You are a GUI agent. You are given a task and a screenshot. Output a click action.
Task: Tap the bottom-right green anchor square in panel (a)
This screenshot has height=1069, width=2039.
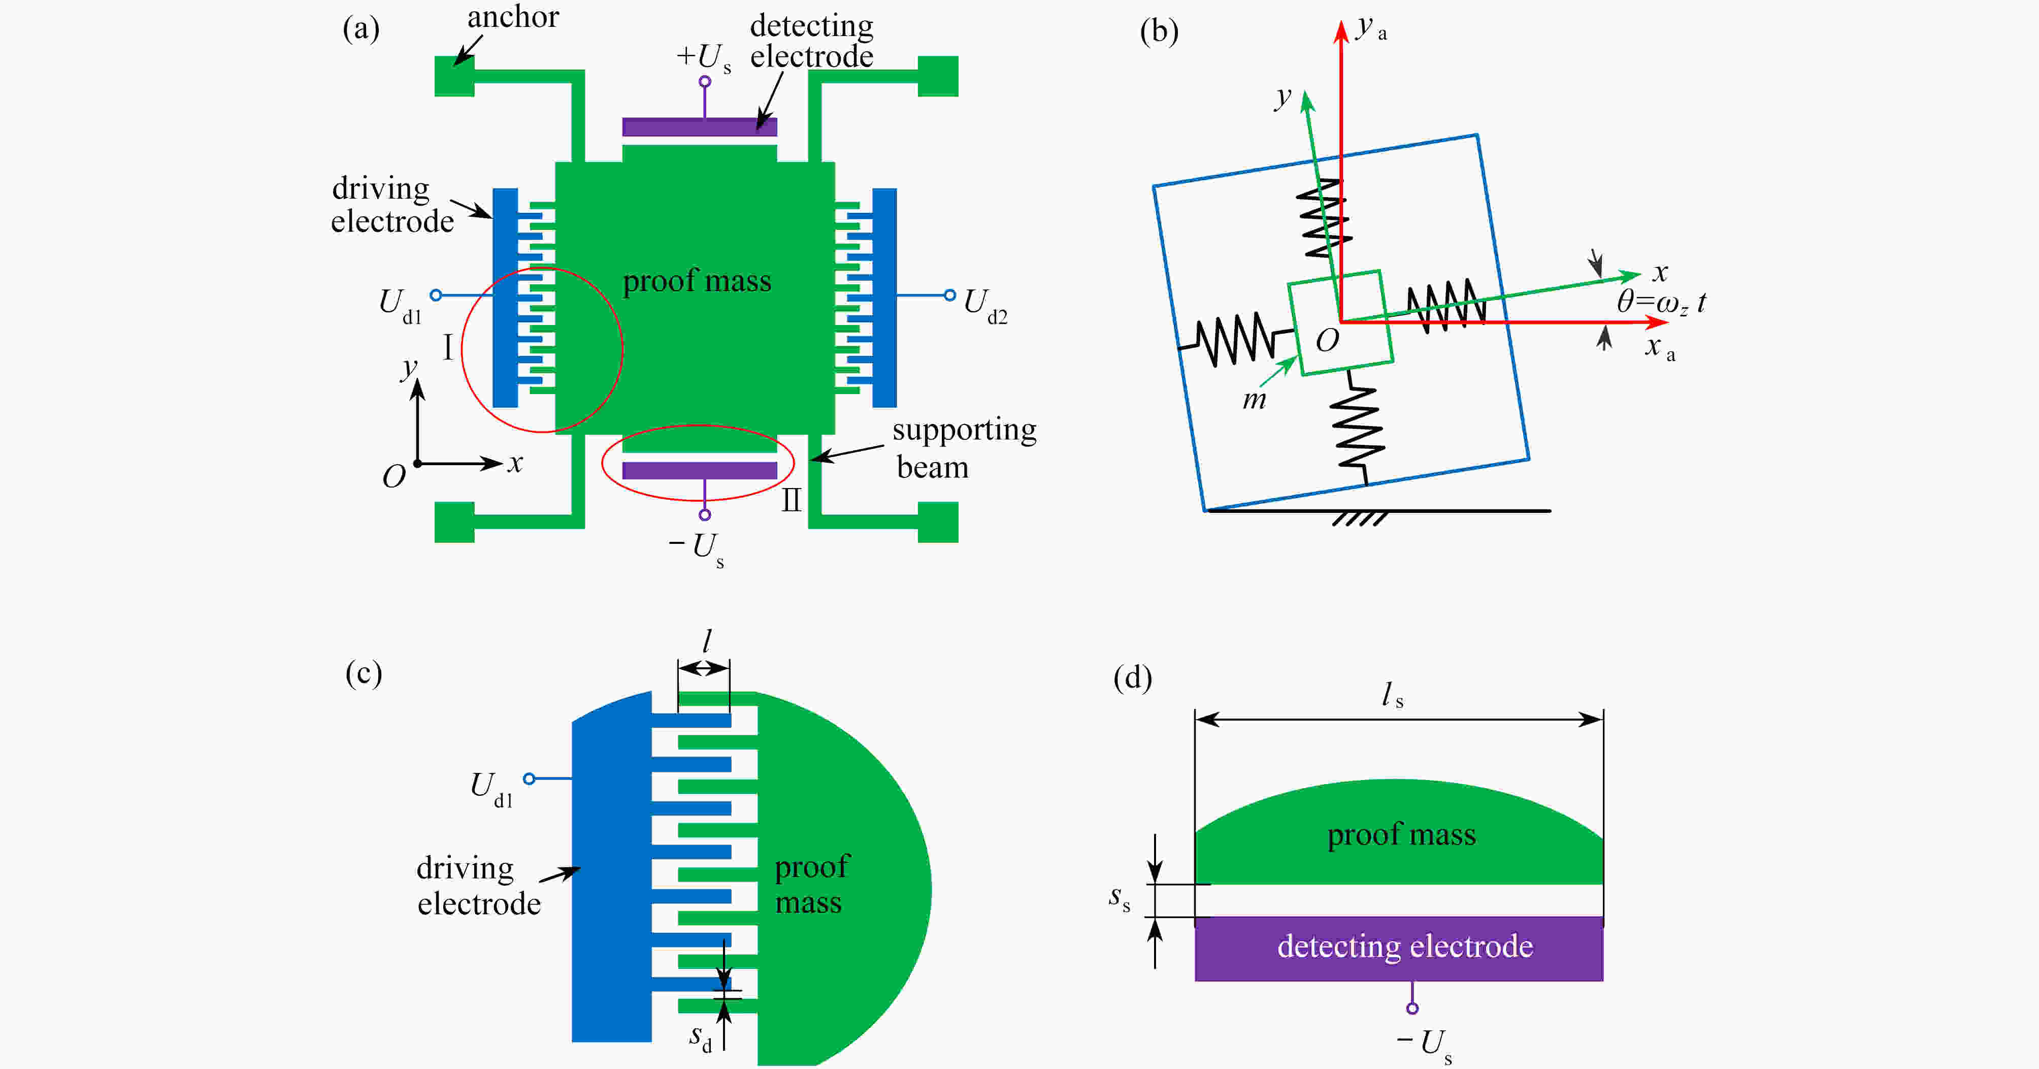coord(938,522)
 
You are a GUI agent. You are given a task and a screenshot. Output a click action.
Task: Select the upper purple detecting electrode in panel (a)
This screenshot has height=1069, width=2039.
coord(700,126)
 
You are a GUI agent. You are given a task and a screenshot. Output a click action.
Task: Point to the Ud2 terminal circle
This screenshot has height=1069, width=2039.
coord(950,296)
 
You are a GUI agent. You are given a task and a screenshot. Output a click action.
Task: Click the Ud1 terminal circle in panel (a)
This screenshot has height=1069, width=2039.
coord(435,296)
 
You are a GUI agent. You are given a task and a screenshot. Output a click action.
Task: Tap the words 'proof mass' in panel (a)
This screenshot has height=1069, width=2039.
coord(697,281)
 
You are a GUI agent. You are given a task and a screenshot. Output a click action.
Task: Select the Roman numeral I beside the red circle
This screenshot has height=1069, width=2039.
coord(448,347)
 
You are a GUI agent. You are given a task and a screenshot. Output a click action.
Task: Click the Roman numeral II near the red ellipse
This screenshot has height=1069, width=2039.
coord(792,500)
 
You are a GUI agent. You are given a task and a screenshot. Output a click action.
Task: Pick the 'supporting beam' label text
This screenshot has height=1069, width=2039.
coord(964,448)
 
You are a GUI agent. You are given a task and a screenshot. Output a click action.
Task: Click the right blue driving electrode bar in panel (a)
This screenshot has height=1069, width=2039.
coord(884,298)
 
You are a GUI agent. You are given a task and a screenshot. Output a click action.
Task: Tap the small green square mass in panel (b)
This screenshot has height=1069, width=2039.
coord(1340,323)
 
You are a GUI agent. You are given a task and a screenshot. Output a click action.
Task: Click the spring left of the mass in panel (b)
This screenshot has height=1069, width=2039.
coord(1235,339)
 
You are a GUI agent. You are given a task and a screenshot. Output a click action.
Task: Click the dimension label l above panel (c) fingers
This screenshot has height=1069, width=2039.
coord(707,640)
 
